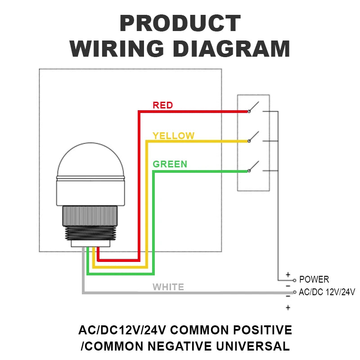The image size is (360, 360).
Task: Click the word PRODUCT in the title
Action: [x=180, y=23]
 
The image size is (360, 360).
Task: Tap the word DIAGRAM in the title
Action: [x=231, y=49]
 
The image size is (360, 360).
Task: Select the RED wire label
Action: [x=163, y=105]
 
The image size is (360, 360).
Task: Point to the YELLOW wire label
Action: [x=174, y=136]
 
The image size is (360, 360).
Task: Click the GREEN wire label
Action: [x=170, y=164]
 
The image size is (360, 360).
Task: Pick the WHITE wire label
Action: [x=168, y=287]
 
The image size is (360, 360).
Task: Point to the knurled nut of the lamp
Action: [x=90, y=216]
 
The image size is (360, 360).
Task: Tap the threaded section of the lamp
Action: [x=90, y=233]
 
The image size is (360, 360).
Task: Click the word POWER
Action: [x=314, y=279]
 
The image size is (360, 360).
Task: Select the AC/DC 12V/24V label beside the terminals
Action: [x=327, y=292]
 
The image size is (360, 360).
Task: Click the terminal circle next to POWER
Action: [x=295, y=280]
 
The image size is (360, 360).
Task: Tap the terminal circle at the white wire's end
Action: [x=295, y=292]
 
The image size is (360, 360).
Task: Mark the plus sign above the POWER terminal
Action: [x=288, y=274]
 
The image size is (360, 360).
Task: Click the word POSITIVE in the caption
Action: [x=263, y=330]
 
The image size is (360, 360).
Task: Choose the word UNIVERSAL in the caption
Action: [x=253, y=346]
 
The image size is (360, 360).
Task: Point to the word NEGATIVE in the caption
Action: [x=180, y=346]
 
